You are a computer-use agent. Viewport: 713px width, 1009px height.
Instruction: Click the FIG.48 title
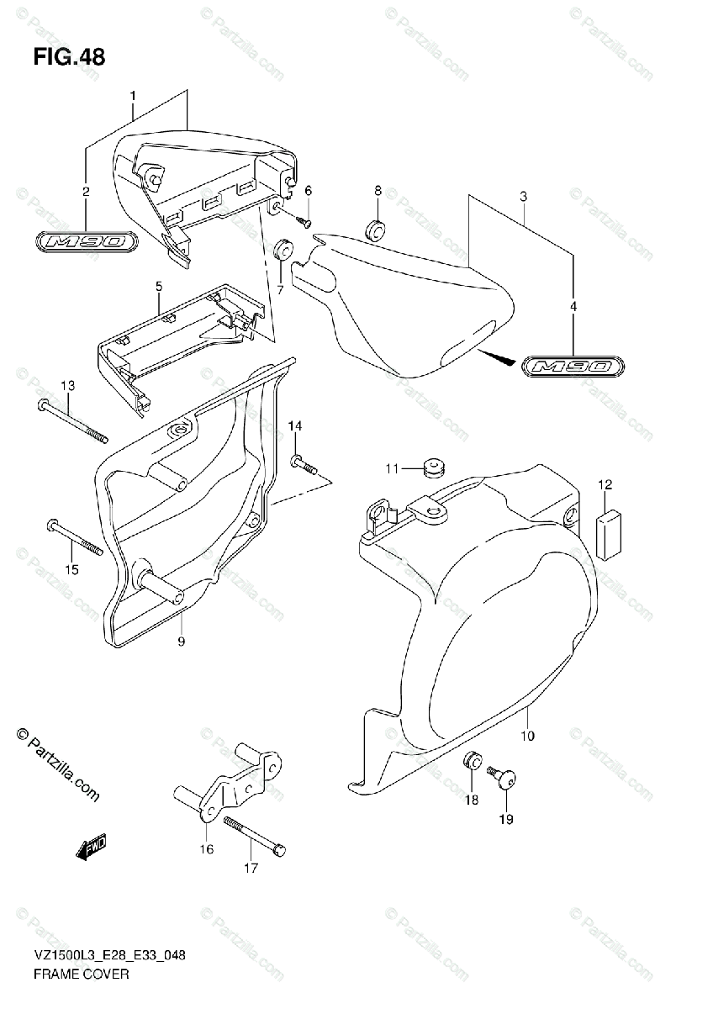point(70,58)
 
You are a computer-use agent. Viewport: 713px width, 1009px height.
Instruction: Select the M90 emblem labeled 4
point(573,367)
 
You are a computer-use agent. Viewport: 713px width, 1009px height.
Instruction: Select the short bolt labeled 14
point(303,463)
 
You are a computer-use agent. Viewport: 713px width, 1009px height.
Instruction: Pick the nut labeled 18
point(473,763)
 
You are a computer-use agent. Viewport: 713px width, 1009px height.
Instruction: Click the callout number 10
point(527,737)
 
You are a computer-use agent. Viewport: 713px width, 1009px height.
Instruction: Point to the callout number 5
point(158,287)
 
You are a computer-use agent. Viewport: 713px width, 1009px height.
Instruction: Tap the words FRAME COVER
point(81,975)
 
